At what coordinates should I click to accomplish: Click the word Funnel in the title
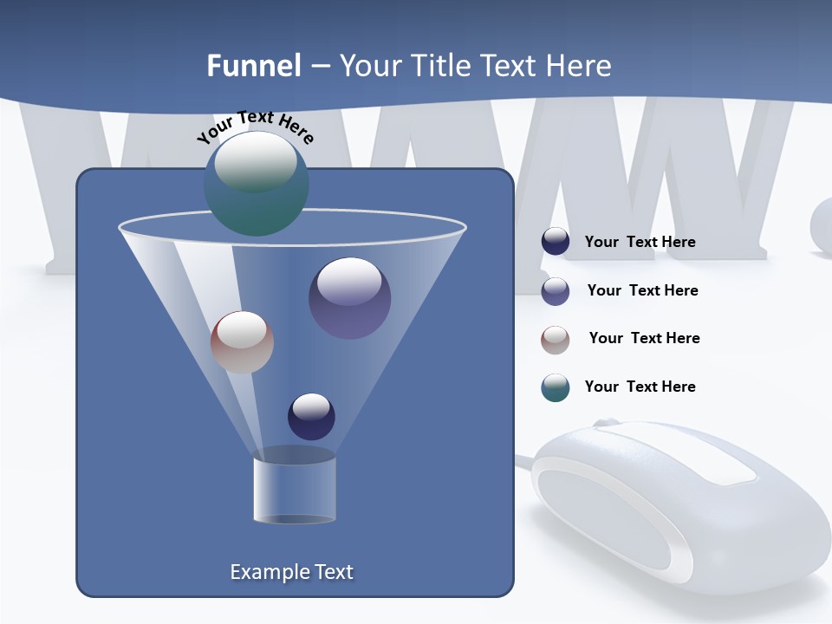tap(253, 66)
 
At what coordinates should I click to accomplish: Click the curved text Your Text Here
tap(255, 127)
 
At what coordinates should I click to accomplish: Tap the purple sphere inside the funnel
tap(349, 298)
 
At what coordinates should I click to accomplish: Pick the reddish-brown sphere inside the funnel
tap(242, 342)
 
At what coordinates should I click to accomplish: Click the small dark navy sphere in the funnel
tap(311, 417)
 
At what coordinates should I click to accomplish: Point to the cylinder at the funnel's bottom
tap(295, 489)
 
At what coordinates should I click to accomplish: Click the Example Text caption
tap(291, 572)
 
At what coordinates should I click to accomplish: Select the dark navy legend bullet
tap(556, 242)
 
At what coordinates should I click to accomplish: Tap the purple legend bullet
tap(556, 291)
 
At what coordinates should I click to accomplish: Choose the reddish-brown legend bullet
tap(556, 340)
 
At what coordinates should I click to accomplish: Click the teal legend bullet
tap(556, 387)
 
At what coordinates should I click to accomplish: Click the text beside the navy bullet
tap(640, 242)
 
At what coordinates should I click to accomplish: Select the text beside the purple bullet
tap(642, 290)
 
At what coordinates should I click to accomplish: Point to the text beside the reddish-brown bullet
tap(644, 338)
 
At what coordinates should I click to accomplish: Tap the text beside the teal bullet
tap(640, 387)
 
